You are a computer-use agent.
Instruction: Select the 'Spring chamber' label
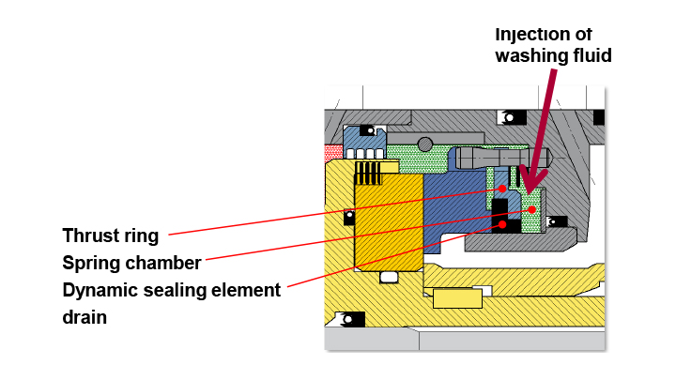131,263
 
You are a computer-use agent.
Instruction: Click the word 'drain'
84,317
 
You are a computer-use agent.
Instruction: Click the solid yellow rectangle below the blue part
457,298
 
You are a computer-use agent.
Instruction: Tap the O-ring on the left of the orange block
349,218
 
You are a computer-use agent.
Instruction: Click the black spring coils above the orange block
369,172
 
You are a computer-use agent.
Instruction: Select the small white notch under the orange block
388,277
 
